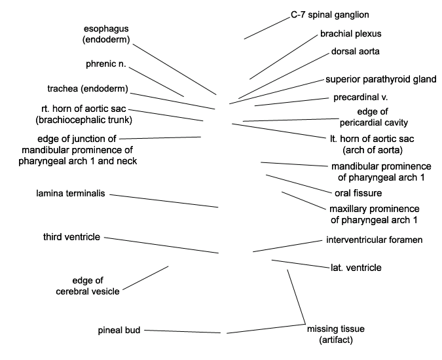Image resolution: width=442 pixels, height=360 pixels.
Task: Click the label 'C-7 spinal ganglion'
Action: pos(330,15)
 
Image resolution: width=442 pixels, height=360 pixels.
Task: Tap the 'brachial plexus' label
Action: pos(351,34)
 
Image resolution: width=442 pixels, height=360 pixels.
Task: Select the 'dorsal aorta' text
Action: pos(355,52)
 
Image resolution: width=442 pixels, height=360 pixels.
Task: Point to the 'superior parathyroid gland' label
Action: pos(381,79)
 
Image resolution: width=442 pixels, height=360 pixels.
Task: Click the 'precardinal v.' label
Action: pos(361,98)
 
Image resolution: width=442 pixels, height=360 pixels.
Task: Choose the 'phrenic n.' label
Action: pos(106,64)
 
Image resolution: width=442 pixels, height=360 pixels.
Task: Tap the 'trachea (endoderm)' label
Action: pos(88,89)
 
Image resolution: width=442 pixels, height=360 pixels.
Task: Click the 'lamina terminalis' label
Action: pos(71,194)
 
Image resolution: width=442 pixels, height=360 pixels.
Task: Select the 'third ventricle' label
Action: pos(71,237)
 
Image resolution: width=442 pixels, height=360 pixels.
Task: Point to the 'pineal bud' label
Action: pos(119,331)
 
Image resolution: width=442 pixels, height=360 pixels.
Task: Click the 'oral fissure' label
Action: pos(358,193)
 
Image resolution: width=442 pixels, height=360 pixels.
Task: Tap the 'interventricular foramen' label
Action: pos(375,240)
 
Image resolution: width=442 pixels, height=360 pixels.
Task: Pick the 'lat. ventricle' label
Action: pos(356,268)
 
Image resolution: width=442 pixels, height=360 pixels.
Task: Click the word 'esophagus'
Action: pos(106,29)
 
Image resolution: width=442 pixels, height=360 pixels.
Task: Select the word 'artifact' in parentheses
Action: pos(336,340)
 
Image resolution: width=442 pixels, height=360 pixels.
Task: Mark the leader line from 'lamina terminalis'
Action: pos(164,201)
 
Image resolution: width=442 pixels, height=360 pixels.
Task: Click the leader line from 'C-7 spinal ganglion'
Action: pos(267,28)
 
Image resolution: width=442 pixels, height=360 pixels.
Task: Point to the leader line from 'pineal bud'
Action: pos(183,332)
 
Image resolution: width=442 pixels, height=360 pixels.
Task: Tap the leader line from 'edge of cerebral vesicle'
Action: pos(145,278)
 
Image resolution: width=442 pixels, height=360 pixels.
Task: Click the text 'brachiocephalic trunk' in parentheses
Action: pos(84,120)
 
